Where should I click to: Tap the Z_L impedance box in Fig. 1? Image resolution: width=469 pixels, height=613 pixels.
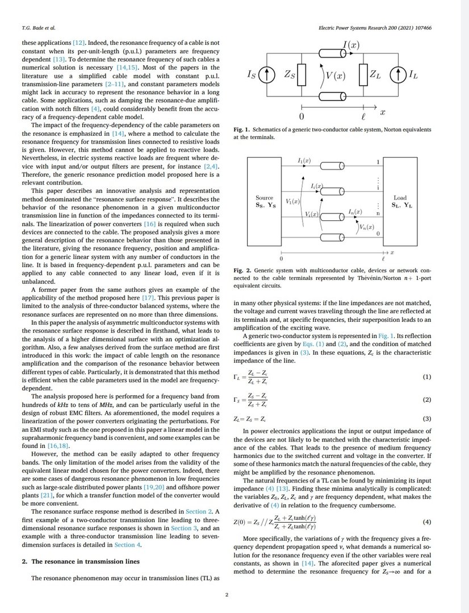pos(363,74)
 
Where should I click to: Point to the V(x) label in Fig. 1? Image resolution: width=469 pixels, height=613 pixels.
pos(332,77)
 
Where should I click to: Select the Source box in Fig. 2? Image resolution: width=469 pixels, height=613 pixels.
pos(265,201)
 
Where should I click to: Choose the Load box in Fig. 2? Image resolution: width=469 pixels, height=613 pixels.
pos(400,201)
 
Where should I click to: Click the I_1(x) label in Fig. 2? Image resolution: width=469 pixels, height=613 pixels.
pos(304,161)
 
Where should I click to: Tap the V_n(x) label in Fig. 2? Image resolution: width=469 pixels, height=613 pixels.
pos(366,227)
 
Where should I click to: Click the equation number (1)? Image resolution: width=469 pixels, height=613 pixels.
pos(428,377)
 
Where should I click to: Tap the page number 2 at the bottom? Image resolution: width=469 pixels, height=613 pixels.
pos(227,595)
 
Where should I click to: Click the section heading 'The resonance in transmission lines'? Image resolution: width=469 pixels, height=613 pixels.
pos(89,561)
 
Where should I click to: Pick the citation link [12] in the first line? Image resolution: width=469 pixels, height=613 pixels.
pos(79,43)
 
